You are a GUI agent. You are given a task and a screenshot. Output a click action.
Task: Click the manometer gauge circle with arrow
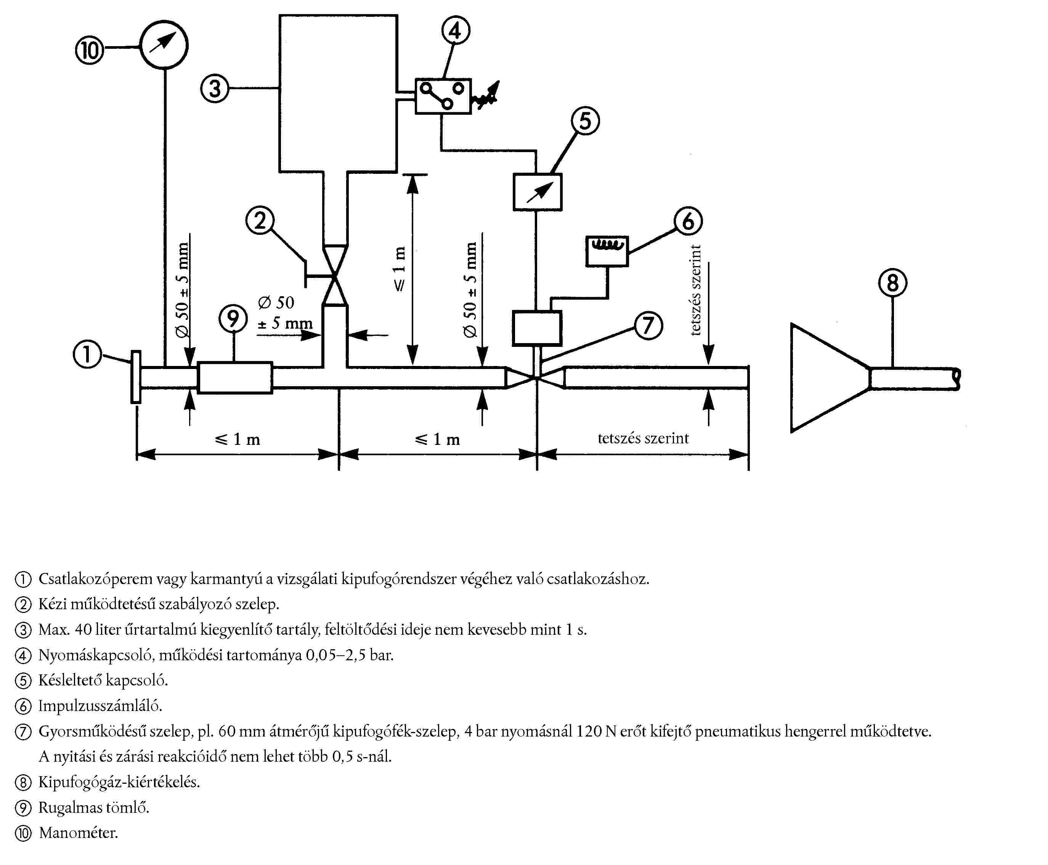coord(164,44)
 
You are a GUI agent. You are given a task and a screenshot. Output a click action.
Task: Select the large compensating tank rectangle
coord(338,93)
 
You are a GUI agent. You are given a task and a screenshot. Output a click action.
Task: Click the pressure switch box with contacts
coord(443,96)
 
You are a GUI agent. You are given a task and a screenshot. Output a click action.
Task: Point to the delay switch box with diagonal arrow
coord(537,192)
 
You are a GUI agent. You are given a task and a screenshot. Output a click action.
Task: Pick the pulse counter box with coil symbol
coord(607,251)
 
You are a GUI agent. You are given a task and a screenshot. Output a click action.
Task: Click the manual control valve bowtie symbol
coord(335,275)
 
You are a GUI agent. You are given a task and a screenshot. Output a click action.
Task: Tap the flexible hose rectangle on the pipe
coord(235,378)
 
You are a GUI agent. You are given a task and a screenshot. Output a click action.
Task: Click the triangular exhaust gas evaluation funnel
coord(827,378)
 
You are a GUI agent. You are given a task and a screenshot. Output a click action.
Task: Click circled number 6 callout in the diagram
coord(688,221)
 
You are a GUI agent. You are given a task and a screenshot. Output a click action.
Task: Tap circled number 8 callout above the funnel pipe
coord(892,283)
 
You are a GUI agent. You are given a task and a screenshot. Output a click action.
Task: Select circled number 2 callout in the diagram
coord(260,220)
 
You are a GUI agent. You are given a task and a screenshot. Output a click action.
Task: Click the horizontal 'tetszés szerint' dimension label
coord(643,438)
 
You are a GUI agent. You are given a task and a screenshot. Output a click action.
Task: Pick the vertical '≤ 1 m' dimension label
coord(399,269)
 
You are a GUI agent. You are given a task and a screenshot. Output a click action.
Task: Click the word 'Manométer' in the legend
coord(78,833)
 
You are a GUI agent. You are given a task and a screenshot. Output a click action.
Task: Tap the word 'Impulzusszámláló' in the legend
coord(100,706)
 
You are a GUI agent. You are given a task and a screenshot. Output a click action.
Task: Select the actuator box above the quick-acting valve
coord(537,328)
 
